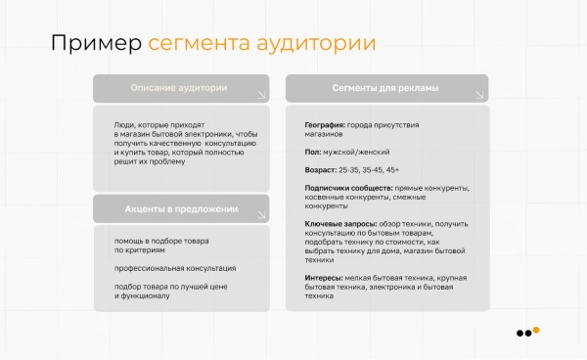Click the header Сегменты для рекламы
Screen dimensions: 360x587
point(385,88)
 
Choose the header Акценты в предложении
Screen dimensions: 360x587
point(180,209)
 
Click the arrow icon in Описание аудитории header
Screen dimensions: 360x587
point(260,95)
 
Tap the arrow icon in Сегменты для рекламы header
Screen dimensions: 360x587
point(477,95)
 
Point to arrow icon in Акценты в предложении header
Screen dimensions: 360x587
point(260,215)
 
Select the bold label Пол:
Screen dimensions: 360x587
point(314,153)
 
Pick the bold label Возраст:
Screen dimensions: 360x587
point(323,169)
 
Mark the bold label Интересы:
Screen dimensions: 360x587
point(327,279)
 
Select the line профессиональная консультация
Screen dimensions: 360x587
point(174,268)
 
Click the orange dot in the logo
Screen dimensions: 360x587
point(535,331)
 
